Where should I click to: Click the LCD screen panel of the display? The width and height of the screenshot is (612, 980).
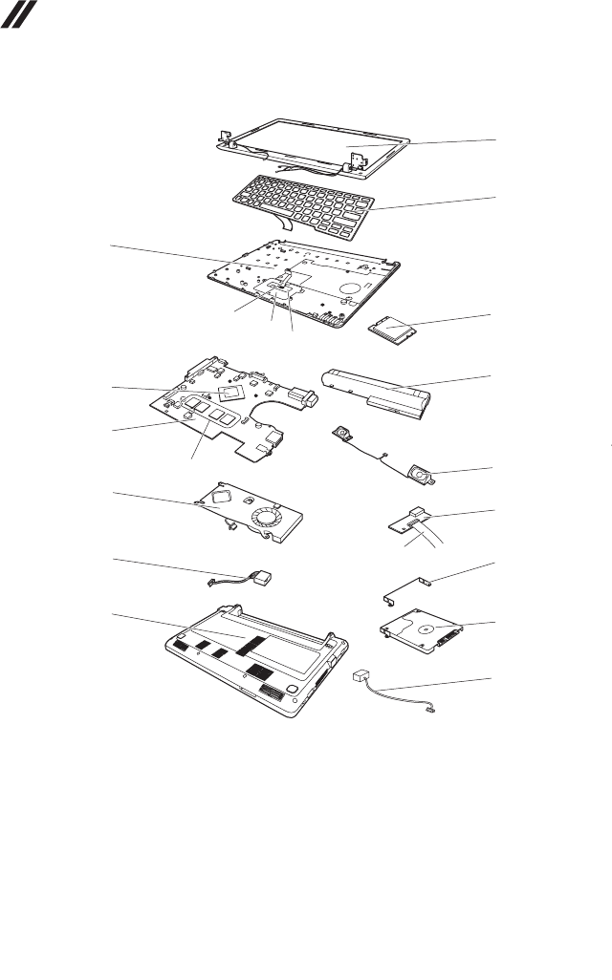306,143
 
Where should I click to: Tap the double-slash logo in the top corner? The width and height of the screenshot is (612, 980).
17,12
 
